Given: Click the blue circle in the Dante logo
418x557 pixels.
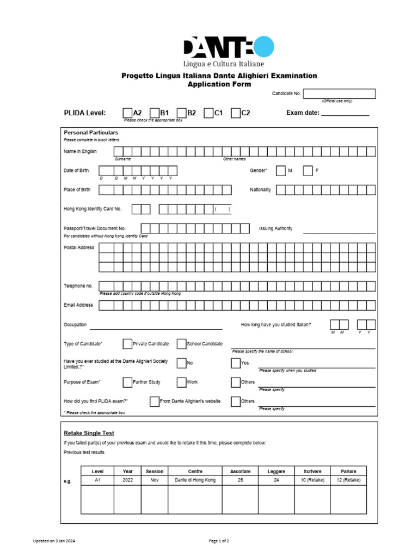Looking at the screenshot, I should click(263, 47).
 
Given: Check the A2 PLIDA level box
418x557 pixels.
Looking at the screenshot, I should click(127, 113).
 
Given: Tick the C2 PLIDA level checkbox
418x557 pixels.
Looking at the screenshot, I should click(236, 113).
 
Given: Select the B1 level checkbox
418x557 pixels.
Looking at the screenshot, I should click(155, 113).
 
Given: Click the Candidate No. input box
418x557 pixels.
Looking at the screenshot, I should click(339, 94).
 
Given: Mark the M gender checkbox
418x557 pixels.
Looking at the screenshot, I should click(280, 171).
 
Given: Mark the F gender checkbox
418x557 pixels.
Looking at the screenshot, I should click(308, 171).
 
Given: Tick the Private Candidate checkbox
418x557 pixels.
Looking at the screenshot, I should click(127, 344).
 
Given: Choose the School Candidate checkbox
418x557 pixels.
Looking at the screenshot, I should click(182, 344).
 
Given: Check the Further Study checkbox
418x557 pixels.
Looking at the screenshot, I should click(127, 382).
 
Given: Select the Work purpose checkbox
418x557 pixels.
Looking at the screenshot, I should click(182, 382).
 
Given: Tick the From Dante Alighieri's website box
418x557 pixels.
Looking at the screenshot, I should click(154, 401).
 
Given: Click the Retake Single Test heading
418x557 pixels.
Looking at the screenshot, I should click(89, 433).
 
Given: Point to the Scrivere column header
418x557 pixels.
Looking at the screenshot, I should click(309, 471).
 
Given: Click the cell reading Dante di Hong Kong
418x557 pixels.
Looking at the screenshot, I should click(195, 480).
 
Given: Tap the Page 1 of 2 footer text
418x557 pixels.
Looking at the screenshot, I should click(219, 541).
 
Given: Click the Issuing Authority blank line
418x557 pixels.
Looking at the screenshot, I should click(339, 232).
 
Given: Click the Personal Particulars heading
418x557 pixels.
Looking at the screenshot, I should click(91, 133).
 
